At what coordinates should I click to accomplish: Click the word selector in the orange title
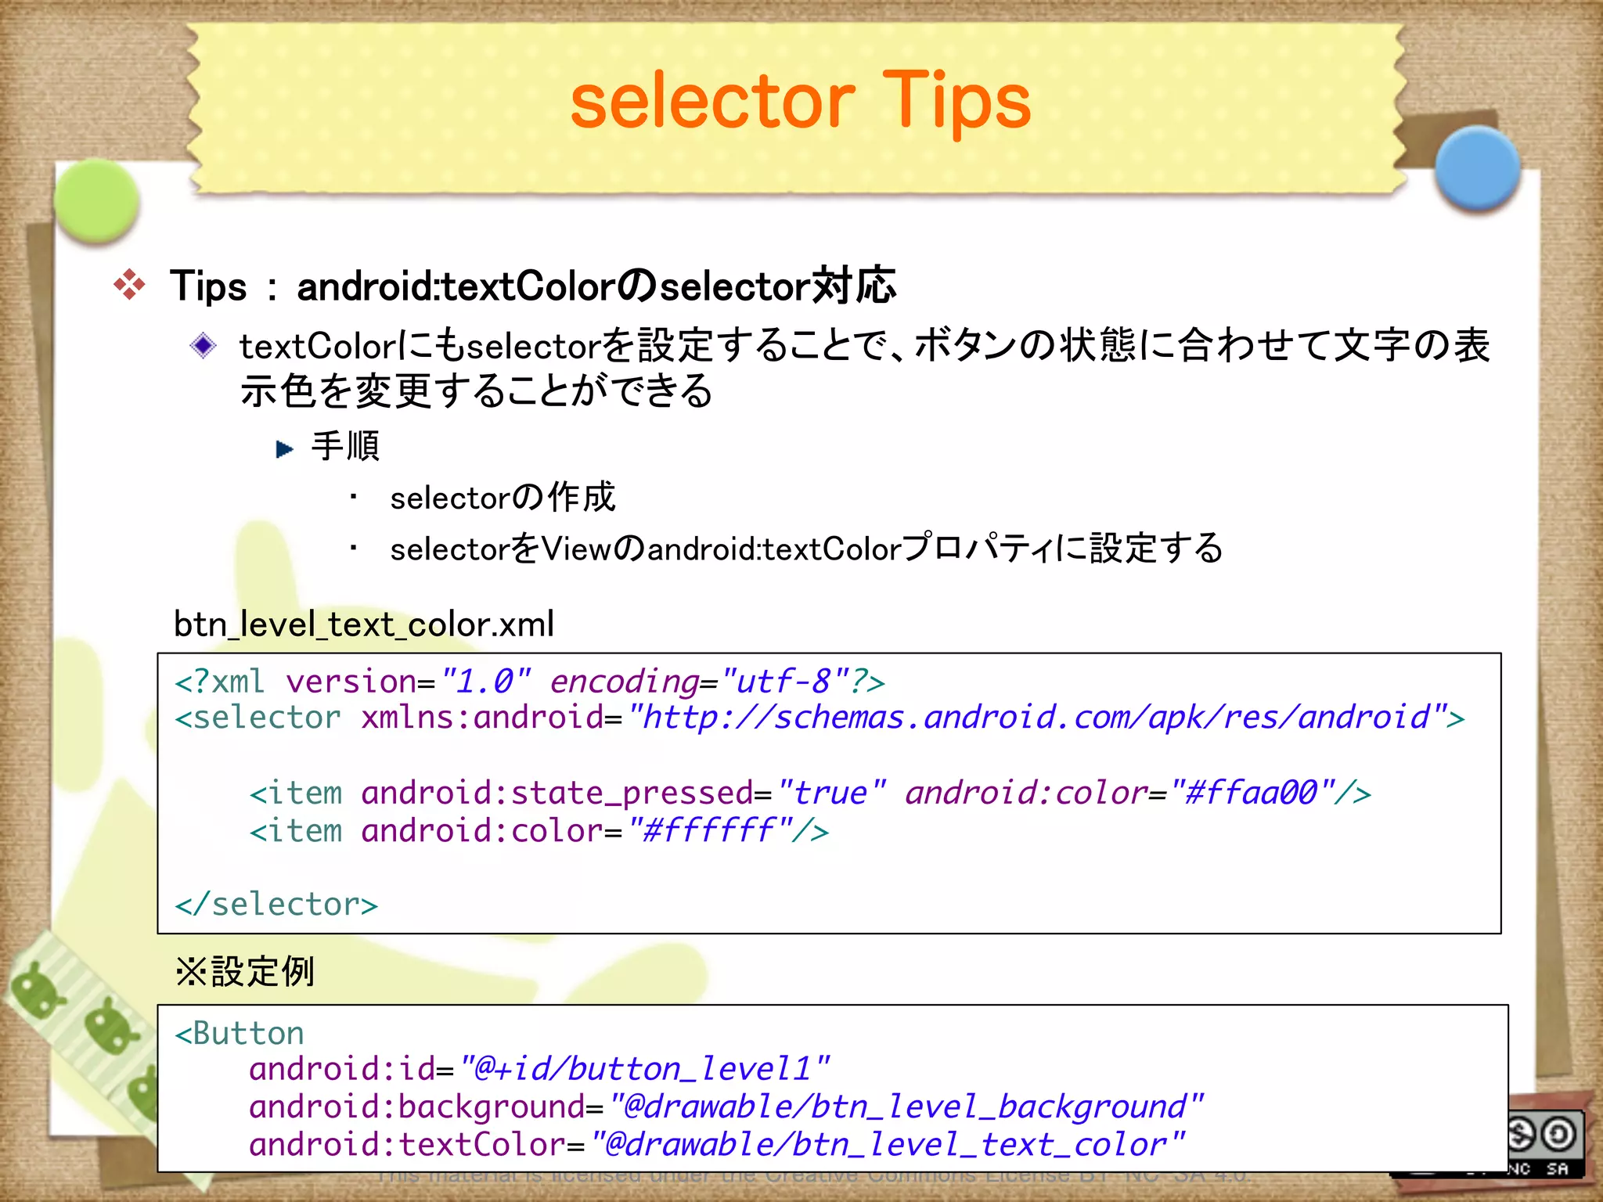[712, 102]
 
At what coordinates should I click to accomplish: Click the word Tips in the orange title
[956, 102]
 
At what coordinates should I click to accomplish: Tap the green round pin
[97, 200]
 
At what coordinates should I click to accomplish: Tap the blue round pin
[1478, 167]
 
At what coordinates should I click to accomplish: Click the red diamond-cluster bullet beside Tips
[129, 285]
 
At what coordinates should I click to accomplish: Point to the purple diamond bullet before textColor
[204, 345]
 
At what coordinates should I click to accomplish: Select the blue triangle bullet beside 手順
[284, 449]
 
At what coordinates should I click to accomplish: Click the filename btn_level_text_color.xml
[364, 624]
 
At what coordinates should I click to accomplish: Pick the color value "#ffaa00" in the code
[1251, 793]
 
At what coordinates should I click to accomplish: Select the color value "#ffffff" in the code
[708, 830]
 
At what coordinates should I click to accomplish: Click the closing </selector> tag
[276, 905]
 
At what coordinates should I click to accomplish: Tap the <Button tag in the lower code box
[240, 1033]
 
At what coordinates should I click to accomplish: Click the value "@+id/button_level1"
[643, 1069]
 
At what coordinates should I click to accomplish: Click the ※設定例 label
[245, 972]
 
